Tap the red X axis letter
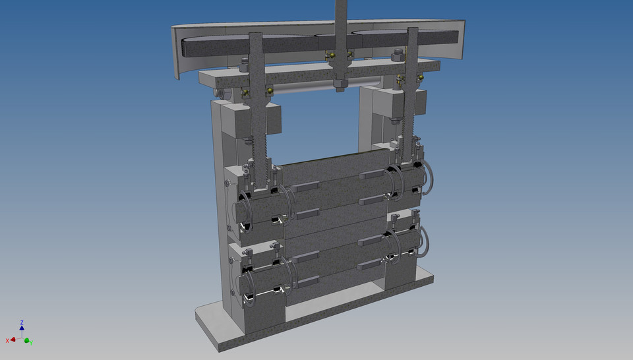(7, 340)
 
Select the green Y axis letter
(32, 342)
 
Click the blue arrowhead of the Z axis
(22, 328)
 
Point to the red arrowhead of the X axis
(13, 340)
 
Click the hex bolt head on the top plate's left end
(243, 64)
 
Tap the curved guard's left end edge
(176, 53)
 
